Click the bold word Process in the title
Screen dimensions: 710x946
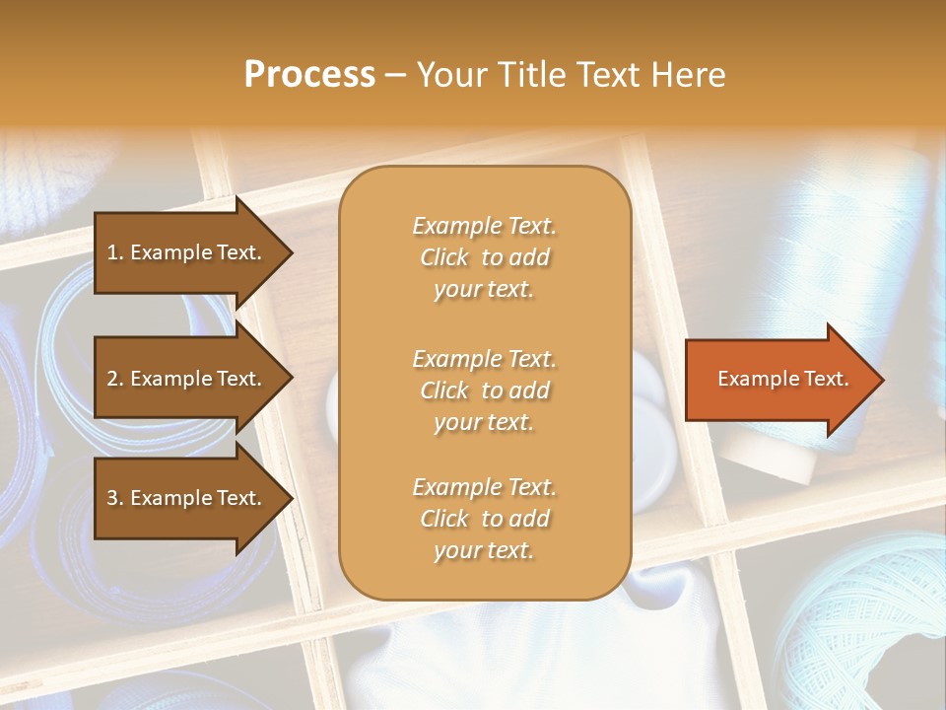coord(309,75)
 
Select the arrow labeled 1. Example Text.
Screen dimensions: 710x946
coord(187,253)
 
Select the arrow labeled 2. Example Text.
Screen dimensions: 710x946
coord(187,379)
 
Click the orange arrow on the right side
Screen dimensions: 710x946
coord(778,380)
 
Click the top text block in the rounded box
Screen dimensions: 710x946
coord(484,257)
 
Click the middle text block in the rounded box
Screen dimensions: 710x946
coord(484,390)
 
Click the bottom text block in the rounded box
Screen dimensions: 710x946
coord(484,519)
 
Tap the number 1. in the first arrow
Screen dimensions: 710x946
coord(114,253)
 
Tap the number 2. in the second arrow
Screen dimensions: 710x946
coord(114,379)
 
